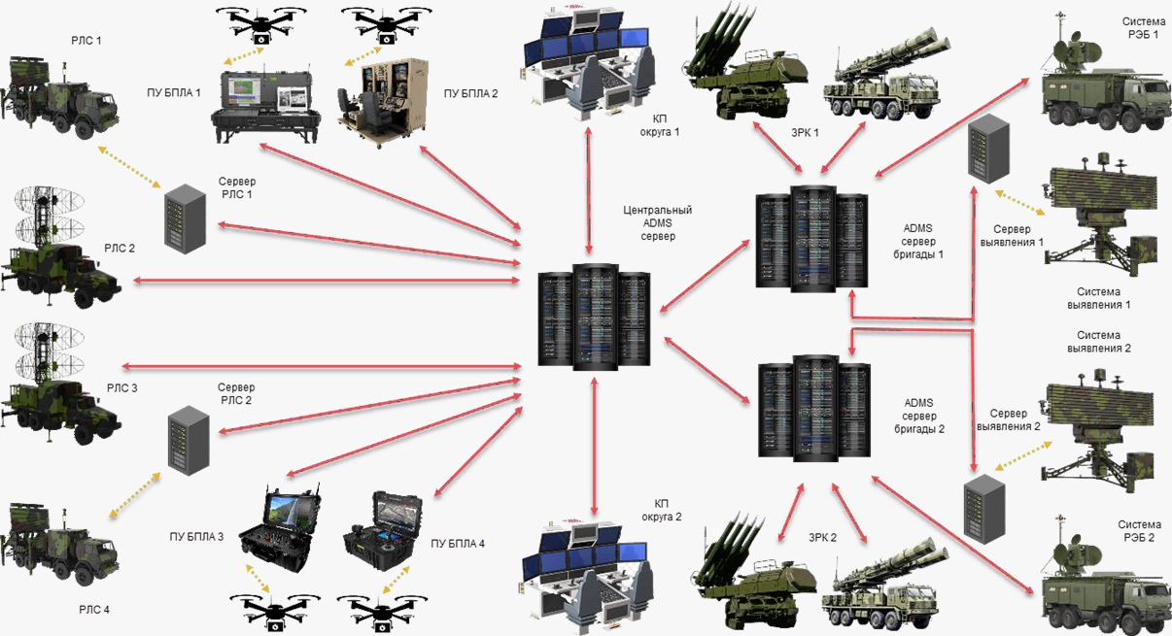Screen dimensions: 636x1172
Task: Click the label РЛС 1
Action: [86, 42]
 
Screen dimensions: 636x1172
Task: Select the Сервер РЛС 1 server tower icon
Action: [185, 219]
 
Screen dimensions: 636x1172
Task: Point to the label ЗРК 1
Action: [803, 133]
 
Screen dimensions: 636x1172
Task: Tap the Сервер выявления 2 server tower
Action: [983, 505]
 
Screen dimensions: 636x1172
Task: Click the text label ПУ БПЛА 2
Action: [470, 94]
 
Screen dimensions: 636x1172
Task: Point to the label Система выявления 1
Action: [1099, 298]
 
